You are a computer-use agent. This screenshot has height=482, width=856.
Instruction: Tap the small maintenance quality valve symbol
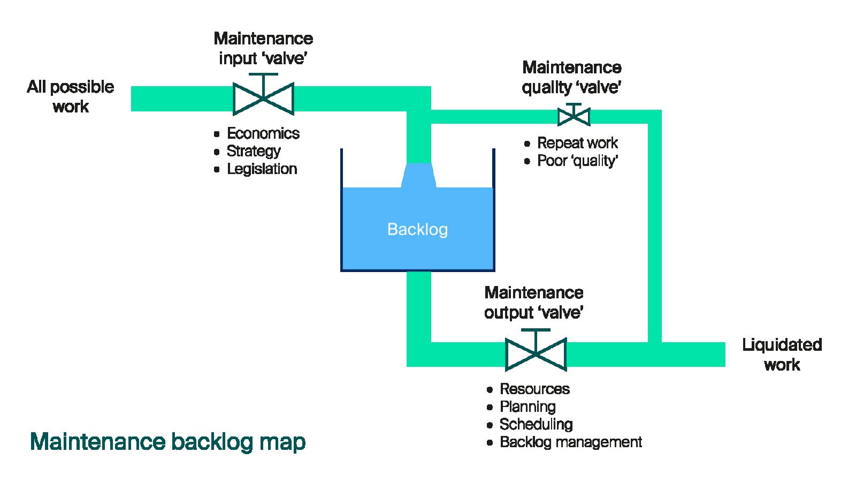point(574,116)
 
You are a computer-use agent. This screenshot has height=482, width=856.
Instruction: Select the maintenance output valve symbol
point(536,354)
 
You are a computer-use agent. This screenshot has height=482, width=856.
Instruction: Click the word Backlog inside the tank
point(417,229)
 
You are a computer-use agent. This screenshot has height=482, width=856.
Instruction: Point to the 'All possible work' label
point(71,96)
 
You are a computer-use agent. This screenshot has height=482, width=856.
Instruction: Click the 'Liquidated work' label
point(782,354)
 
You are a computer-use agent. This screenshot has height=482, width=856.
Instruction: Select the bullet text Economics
point(263,133)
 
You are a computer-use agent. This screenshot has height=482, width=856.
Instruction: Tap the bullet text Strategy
point(254,151)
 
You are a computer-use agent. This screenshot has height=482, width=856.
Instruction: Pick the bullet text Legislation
point(262,169)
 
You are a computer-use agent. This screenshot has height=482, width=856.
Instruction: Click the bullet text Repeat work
point(577,143)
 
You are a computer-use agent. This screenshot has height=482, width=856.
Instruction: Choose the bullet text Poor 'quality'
point(577,161)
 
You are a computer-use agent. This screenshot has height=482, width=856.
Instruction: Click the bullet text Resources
point(534,389)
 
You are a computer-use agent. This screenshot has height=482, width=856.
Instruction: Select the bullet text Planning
point(528,406)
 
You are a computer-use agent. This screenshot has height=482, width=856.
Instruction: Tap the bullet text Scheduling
point(536,424)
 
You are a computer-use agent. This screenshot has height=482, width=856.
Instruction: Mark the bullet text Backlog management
point(570,442)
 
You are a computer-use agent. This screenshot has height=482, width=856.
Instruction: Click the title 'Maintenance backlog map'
point(168,442)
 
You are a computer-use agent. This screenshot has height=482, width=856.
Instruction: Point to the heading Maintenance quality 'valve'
point(571,77)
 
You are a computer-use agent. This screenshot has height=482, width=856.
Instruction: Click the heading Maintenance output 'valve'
point(533,302)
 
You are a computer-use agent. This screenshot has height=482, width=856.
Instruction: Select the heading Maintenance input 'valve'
point(263,48)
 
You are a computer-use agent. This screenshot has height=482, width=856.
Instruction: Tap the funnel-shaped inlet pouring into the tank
point(419,175)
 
